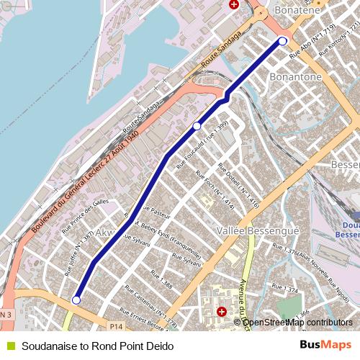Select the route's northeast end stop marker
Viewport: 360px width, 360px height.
point(283,41)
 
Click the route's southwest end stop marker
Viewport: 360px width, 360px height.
point(76,300)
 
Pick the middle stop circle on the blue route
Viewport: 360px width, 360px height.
point(197,126)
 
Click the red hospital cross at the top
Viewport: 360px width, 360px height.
point(233,4)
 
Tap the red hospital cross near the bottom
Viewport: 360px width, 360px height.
point(222,312)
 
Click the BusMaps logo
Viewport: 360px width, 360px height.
point(325,346)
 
